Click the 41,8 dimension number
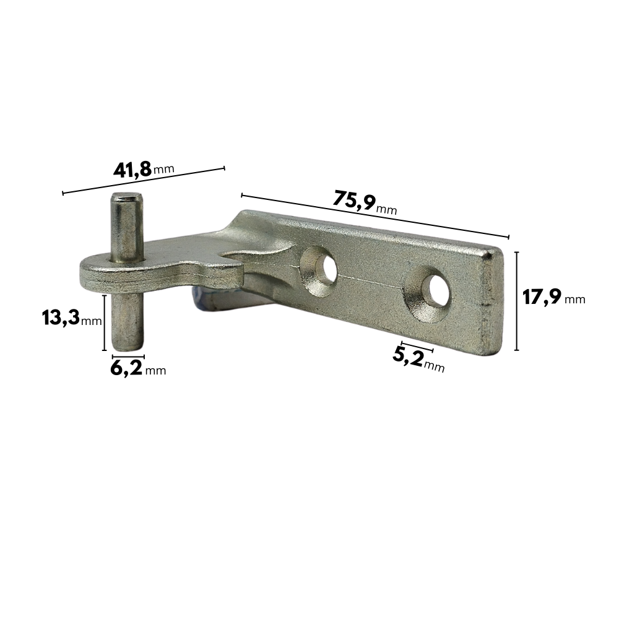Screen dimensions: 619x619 [132, 170]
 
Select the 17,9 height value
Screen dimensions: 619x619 [542, 297]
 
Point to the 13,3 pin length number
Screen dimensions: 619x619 [61, 318]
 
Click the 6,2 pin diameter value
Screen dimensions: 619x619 [126, 368]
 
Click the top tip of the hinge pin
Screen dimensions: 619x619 [126, 194]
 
